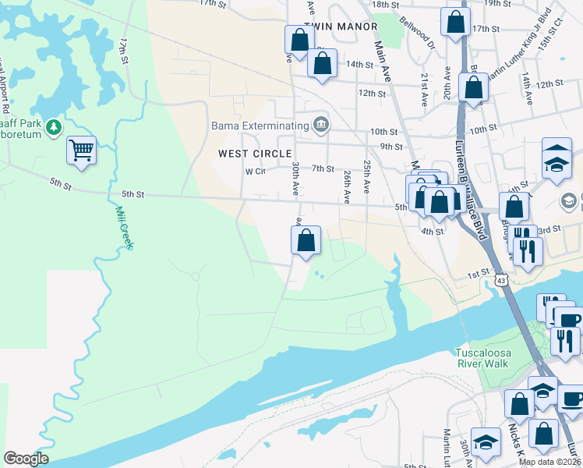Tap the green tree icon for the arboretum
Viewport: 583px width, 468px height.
click(x=53, y=126)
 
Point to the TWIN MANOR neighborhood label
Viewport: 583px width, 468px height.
click(x=334, y=27)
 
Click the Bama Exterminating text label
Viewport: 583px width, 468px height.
click(x=260, y=125)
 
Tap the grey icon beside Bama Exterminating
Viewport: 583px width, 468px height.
click(x=320, y=124)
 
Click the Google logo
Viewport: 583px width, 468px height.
click(x=26, y=458)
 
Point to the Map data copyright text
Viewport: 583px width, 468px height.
click(x=549, y=462)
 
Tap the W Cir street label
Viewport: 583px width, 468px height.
click(x=256, y=171)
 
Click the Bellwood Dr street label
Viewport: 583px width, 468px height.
click(x=414, y=34)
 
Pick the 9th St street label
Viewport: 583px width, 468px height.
click(x=390, y=146)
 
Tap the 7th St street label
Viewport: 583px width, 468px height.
click(x=323, y=168)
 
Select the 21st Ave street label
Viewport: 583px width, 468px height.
click(x=425, y=90)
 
